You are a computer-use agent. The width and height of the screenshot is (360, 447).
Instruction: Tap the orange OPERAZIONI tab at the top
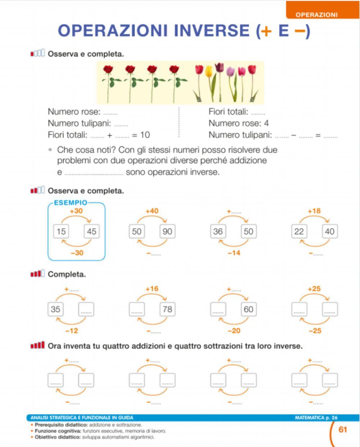316,15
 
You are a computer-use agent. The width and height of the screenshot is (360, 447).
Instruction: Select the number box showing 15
61,231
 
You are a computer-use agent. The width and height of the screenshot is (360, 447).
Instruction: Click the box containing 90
167,231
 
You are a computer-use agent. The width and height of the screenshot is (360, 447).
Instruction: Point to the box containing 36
218,231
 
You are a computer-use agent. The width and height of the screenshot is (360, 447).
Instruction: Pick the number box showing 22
299,231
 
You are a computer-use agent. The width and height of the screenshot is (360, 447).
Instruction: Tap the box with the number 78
167,309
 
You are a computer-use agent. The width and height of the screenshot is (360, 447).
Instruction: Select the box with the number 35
55,309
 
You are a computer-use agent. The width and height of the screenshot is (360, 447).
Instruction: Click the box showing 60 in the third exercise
248,309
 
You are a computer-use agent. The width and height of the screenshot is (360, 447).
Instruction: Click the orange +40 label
152,211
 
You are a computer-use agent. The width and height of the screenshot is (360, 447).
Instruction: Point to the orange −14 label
234,253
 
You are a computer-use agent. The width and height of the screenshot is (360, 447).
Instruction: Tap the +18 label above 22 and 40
314,211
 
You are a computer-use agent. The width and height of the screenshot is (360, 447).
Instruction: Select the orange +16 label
152,289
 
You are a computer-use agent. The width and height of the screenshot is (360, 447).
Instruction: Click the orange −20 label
234,331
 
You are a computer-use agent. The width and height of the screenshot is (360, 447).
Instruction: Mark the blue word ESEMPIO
71,202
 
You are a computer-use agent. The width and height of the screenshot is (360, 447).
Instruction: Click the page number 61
343,429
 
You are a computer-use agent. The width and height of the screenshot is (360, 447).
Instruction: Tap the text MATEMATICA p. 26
316,418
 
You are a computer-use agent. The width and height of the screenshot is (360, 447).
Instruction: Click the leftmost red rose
108,70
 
